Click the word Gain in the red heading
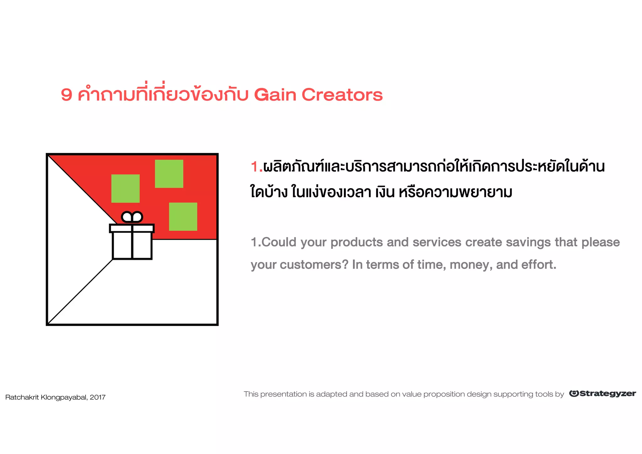[275, 95]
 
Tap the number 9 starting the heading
[66, 95]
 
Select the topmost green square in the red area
[169, 174]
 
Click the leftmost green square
[125, 188]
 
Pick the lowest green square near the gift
[183, 217]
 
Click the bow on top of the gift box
[132, 217]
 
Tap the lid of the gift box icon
[132, 228]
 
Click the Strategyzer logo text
[608, 394]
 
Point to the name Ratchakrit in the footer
[22, 398]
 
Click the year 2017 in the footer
[97, 398]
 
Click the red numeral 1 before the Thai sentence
[255, 167]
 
